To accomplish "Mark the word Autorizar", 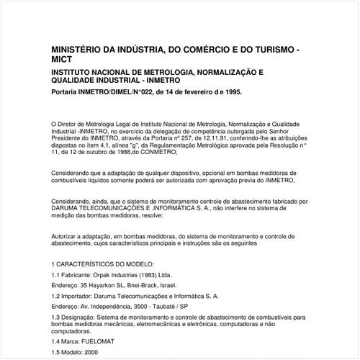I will coord(67,235).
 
